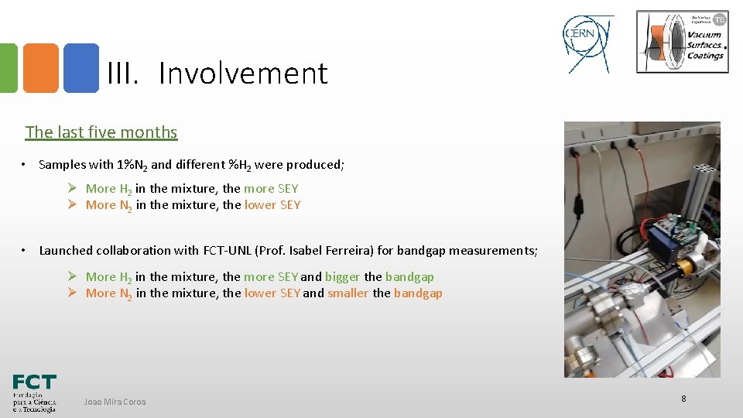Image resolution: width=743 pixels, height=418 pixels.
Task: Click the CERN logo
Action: [587, 43]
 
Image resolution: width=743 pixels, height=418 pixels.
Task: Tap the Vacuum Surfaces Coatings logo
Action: [682, 42]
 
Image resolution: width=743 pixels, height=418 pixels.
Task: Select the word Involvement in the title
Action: [243, 74]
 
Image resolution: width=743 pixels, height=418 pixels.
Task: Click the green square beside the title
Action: [8, 68]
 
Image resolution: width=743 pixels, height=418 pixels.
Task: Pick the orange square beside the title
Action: [40, 68]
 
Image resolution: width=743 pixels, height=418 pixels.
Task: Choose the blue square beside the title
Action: [80, 68]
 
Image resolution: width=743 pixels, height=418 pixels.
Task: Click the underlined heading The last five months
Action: [101, 132]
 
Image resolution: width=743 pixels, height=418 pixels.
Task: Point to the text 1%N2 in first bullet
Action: [132, 165]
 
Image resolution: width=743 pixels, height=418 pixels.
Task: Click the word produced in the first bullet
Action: [315, 165]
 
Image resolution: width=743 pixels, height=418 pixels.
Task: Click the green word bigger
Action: [342, 277]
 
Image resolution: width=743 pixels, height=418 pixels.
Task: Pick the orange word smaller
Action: [348, 293]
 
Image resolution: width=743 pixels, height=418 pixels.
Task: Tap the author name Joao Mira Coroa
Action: [115, 402]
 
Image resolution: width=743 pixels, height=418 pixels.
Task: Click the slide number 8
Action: [683, 399]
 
